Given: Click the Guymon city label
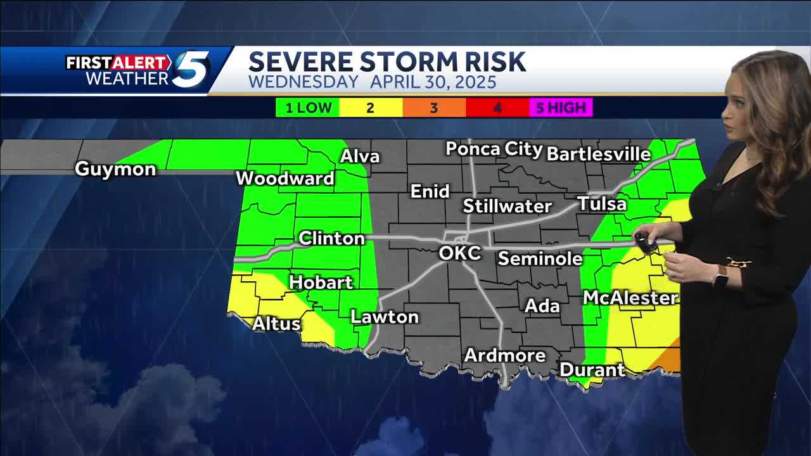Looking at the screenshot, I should pos(115,169).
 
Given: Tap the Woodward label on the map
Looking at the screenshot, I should pos(285,179).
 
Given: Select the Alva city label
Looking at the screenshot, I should pos(360,156).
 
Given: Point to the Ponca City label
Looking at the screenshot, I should pos(494,149).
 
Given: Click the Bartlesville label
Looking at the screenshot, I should pos(598,154).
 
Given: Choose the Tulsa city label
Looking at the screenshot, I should pos(601,204).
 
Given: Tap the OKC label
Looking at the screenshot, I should pos(460,253).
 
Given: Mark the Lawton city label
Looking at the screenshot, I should pos(385,317).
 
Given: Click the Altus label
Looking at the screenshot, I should pos(276,324).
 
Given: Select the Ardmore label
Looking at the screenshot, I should pos(505,355).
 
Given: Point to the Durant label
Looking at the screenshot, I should pos(592,369).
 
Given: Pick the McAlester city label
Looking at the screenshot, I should pos(630,298).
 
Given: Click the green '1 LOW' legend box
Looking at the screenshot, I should pos(307,108).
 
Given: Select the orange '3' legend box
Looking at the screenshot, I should pos(433,108).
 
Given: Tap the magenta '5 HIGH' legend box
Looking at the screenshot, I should pos(561,108).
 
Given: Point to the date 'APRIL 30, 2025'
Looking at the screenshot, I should pos(433,82).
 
